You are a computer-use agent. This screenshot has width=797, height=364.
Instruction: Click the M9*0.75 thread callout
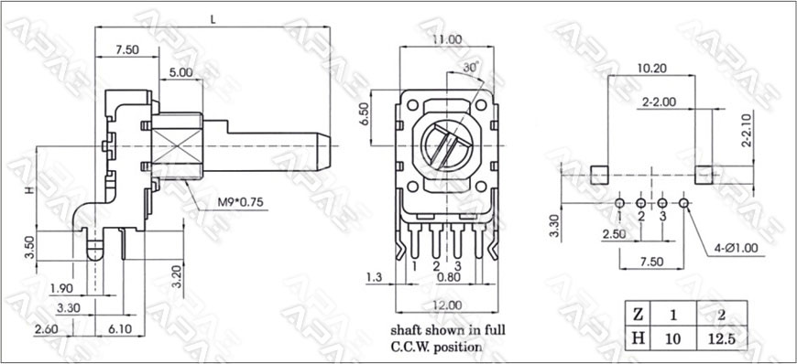coord(240,202)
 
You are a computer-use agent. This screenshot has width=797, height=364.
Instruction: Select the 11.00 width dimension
coord(447,39)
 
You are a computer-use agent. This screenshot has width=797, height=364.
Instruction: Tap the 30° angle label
coord(471,67)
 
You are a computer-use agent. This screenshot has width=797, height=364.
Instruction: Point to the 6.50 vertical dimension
coord(364,116)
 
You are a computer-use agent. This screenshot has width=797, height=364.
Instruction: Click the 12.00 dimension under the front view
coord(448,305)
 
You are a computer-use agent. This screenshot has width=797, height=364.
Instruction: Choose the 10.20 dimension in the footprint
coord(652,68)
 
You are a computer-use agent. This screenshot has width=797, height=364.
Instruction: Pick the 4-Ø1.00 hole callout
coord(735,248)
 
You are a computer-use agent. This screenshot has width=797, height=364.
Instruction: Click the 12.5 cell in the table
coord(721,339)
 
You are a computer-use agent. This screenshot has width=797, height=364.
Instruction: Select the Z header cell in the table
coord(638,315)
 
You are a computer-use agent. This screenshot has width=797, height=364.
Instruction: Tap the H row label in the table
coord(638,338)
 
